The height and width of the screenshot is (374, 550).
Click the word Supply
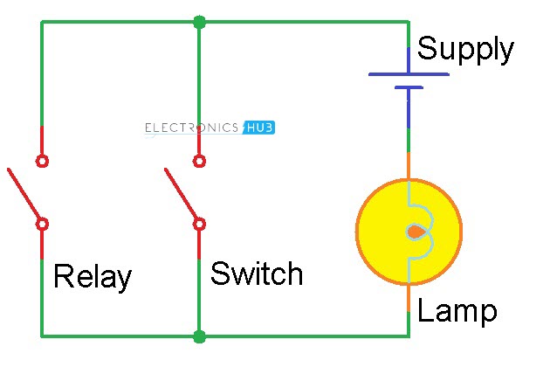[464, 50]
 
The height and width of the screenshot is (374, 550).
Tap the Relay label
[92, 277]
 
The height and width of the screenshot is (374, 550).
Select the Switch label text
[257, 274]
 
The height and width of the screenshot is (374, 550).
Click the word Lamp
[457, 310]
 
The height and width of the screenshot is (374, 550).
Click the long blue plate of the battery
[409, 74]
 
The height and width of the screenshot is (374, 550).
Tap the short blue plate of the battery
[409, 87]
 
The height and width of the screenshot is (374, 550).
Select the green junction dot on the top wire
[199, 21]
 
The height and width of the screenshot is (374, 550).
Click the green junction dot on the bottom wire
[199, 336]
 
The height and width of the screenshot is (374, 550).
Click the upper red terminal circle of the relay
[42, 161]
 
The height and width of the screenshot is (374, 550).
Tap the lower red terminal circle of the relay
[42, 224]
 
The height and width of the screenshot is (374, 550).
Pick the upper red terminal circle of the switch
[199, 161]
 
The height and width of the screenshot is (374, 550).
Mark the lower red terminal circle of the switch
[199, 224]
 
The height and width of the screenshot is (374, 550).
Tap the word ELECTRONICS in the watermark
[192, 128]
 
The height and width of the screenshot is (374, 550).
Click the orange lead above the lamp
[409, 166]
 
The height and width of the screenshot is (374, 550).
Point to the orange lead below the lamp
[409, 299]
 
